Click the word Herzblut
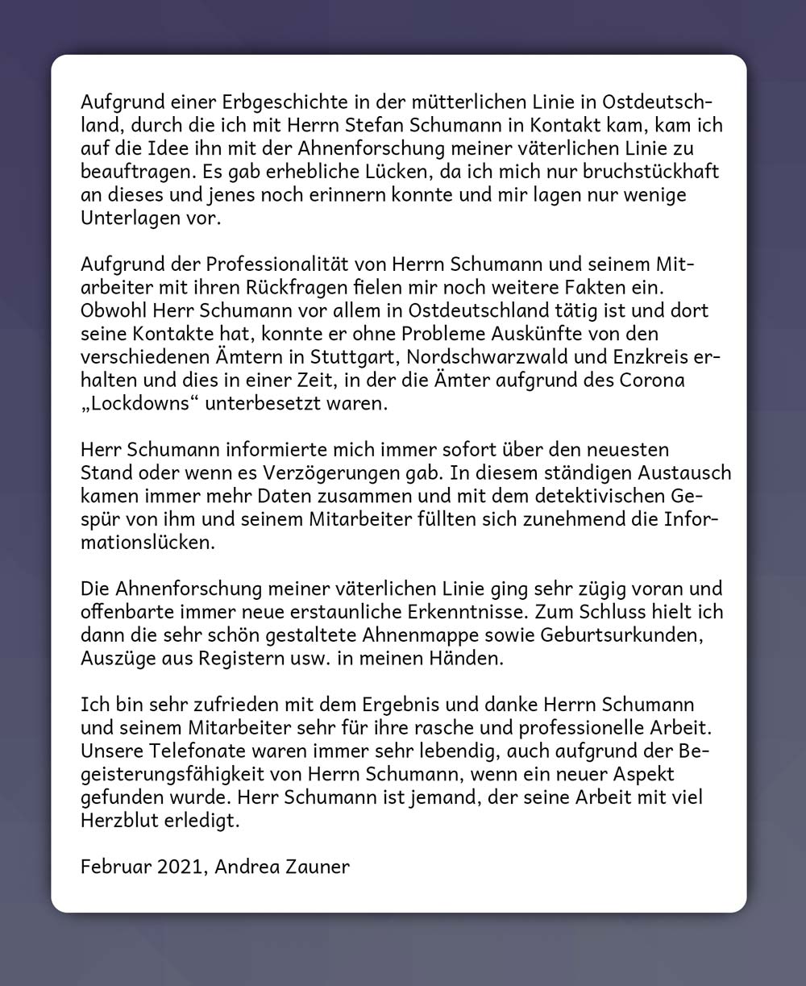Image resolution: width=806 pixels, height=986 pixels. pos(122,822)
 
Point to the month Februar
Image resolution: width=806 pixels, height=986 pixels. pos(114,867)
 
